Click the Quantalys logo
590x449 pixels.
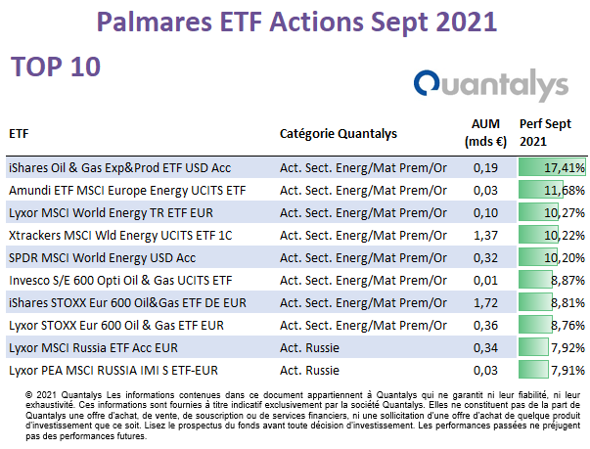pyautogui.click(x=491, y=85)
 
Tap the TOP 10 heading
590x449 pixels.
pyautogui.click(x=56, y=67)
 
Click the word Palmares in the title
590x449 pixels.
pyautogui.click(x=155, y=22)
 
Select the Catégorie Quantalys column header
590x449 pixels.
pyautogui.click(x=338, y=133)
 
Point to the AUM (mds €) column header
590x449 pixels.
pyautogui.click(x=485, y=132)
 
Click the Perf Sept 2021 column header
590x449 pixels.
pyautogui.click(x=545, y=132)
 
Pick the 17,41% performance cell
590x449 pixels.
pyautogui.click(x=552, y=167)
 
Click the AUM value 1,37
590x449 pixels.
pyautogui.click(x=485, y=236)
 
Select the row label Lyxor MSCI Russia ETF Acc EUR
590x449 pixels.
pyautogui.click(x=93, y=348)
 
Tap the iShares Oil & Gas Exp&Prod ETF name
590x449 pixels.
pyautogui.click(x=119, y=167)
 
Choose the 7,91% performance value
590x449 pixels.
pyautogui.click(x=567, y=371)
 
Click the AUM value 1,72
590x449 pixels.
pyautogui.click(x=485, y=302)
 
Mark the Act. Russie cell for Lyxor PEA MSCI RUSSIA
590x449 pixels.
pyautogui.click(x=309, y=371)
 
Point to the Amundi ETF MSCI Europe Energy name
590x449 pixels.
pyautogui.click(x=127, y=191)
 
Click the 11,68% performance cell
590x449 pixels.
pyautogui.click(x=552, y=190)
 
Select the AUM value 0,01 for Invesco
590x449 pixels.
pyautogui.click(x=485, y=280)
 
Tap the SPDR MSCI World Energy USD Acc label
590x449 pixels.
pyautogui.click(x=103, y=258)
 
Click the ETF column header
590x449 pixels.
pyautogui.click(x=19, y=133)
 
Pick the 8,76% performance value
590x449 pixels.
pyautogui.click(x=567, y=326)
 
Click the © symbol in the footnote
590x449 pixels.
pyautogui.click(x=29, y=395)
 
